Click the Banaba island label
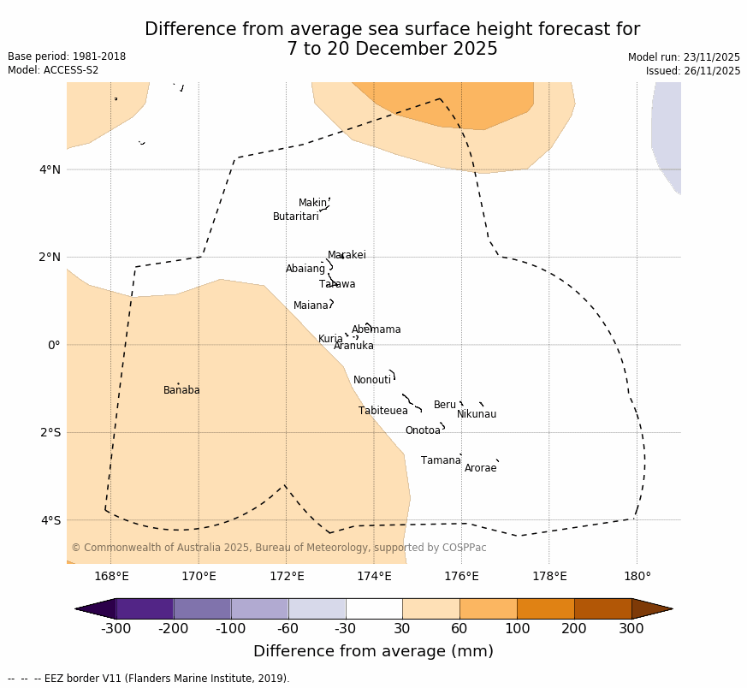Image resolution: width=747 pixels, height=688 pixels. [x=181, y=390]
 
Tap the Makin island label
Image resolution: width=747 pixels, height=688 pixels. [x=312, y=203]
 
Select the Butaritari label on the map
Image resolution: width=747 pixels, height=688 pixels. [x=295, y=216]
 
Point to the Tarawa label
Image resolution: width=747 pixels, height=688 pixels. [x=337, y=284]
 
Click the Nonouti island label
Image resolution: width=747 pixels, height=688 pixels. [x=372, y=380]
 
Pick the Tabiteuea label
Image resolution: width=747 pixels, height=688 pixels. [x=383, y=411]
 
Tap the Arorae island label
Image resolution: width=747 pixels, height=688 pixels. [x=480, y=468]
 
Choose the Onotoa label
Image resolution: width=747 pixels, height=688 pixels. [x=423, y=430]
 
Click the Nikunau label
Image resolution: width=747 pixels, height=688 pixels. [x=477, y=414]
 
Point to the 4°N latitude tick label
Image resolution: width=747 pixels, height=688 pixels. [x=50, y=169]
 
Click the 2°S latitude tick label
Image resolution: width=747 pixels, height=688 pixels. [x=50, y=432]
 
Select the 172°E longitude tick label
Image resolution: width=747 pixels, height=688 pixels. [x=287, y=576]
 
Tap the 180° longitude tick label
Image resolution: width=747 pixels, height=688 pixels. [x=637, y=576]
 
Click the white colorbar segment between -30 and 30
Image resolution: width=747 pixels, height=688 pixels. [x=374, y=608]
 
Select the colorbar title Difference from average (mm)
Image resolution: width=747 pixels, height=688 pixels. [x=373, y=651]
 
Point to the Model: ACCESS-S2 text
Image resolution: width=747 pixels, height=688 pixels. [x=53, y=70]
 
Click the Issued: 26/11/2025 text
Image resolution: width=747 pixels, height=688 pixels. [x=693, y=71]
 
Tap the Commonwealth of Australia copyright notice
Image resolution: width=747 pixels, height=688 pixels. [x=279, y=548]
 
